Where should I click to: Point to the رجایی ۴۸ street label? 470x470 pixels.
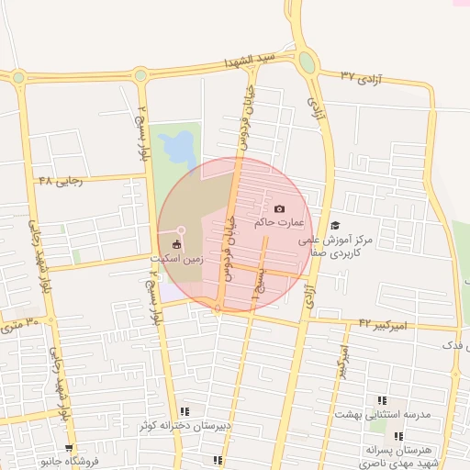pyautogui.click(x=61, y=181)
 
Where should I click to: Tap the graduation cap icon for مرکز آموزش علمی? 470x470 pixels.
pyautogui.click(x=335, y=225)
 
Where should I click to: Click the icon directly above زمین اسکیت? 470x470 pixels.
pyautogui.click(x=177, y=244)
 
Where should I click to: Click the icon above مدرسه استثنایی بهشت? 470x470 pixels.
pyautogui.click(x=382, y=401)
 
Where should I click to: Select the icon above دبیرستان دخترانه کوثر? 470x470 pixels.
pyautogui.click(x=185, y=412)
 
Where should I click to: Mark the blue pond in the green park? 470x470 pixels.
pyautogui.click(x=176, y=146)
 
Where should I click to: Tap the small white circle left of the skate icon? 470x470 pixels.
pyautogui.click(x=182, y=229)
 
